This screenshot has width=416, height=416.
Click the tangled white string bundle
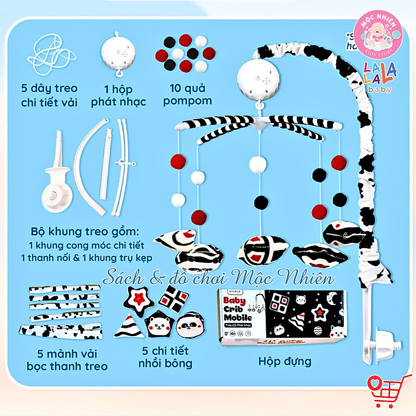(x=54, y=55)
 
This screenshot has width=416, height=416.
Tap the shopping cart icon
(x=384, y=389)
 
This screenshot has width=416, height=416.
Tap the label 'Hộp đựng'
(x=285, y=362)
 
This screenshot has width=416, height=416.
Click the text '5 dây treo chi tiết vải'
(x=49, y=95)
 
